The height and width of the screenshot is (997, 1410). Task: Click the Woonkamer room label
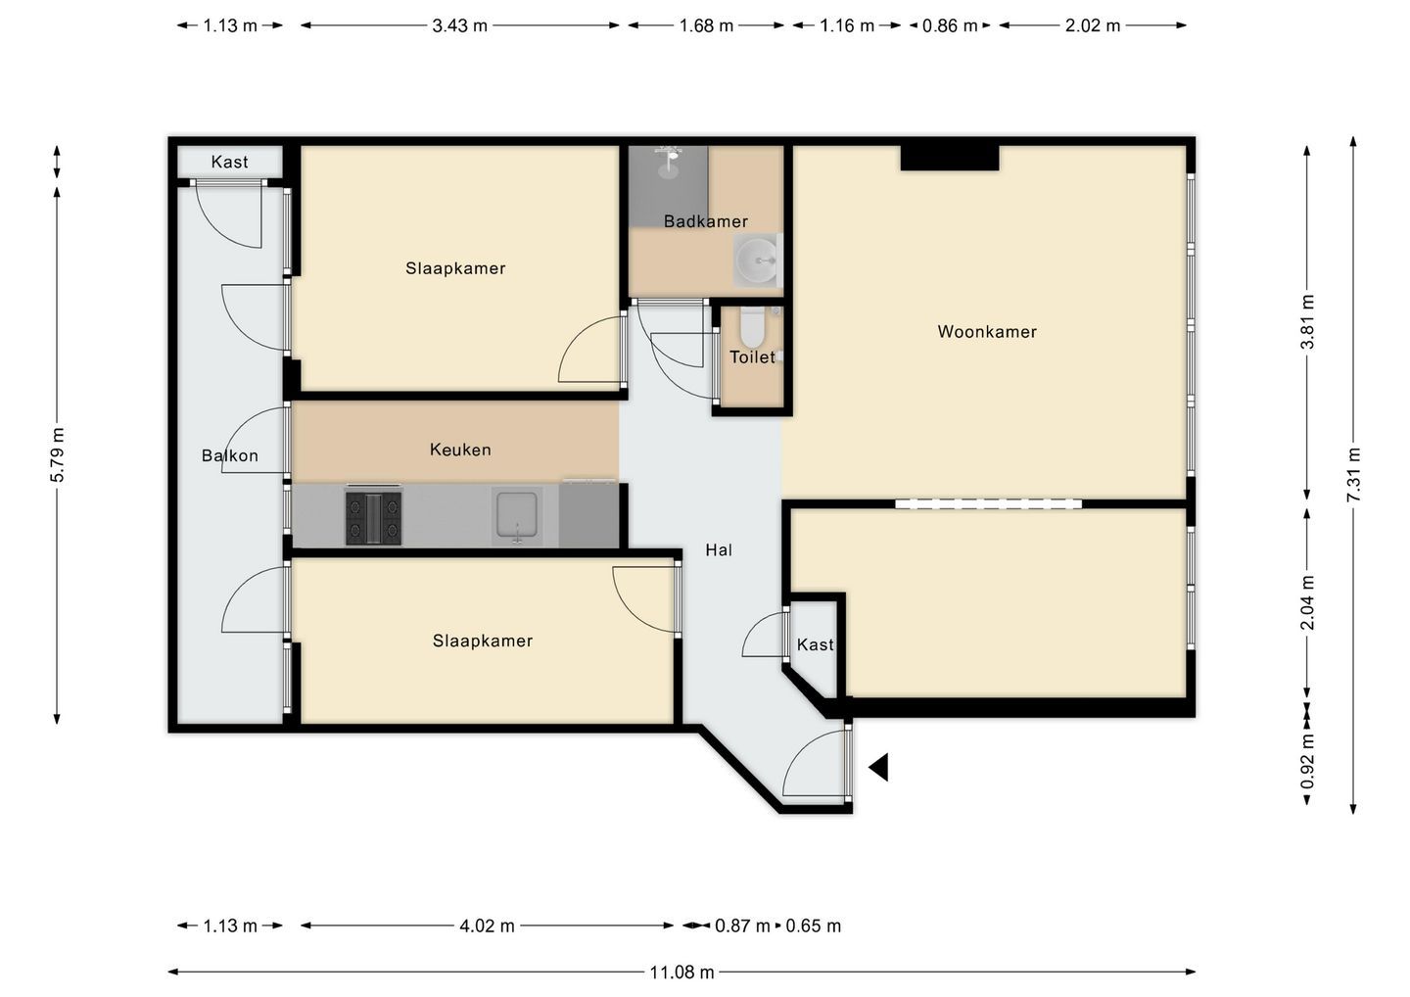(x=986, y=332)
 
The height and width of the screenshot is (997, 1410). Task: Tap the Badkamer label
(x=706, y=221)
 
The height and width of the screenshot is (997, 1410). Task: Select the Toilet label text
(x=752, y=357)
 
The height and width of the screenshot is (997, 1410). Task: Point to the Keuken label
(x=460, y=450)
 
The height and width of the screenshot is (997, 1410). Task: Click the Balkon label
(x=230, y=455)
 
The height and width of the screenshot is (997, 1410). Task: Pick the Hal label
(x=719, y=550)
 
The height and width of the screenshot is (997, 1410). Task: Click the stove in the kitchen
(x=373, y=518)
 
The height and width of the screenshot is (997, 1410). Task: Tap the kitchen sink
(x=517, y=516)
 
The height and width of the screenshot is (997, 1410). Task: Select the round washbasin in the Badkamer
(x=758, y=260)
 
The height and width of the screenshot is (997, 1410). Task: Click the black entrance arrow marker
(x=878, y=767)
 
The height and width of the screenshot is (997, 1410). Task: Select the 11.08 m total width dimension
(x=681, y=973)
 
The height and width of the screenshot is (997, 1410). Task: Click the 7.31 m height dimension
(x=1353, y=475)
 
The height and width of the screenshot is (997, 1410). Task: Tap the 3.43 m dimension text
(x=459, y=25)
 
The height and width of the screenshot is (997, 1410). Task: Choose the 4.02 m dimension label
(x=488, y=926)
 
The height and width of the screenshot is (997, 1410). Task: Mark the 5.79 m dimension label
(x=57, y=454)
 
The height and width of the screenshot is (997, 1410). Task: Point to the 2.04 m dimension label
(x=1308, y=602)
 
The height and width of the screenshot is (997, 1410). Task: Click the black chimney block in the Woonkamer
(x=949, y=158)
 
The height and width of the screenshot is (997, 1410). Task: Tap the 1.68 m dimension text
(x=706, y=25)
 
